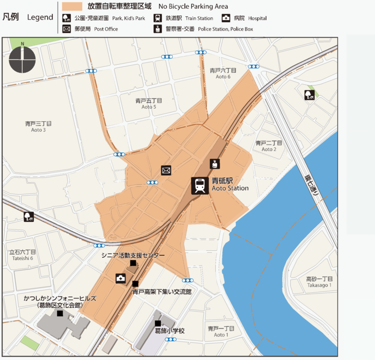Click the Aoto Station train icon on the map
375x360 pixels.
(199, 185)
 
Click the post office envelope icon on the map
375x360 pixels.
(166, 170)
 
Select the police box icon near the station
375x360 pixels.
(215, 163)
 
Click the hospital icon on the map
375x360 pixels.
(120, 279)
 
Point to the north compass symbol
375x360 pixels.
(22, 59)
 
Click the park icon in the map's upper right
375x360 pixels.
(309, 95)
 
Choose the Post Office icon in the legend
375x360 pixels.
(67, 29)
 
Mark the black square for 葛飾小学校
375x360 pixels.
(158, 323)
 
